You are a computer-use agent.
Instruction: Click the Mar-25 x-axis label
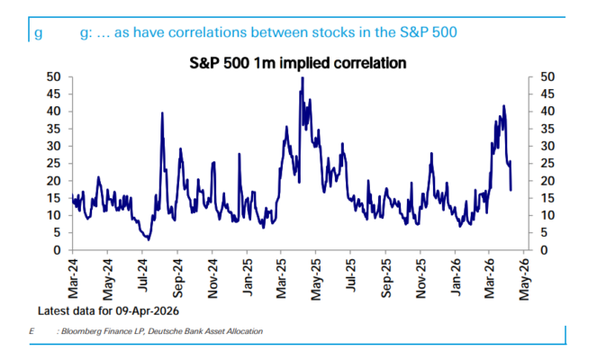(x=281, y=277)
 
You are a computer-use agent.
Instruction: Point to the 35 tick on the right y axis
(x=543, y=130)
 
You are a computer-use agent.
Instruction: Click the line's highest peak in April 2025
(x=302, y=78)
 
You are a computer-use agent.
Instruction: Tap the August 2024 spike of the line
(x=162, y=112)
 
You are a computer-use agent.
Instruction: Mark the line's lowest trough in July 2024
(x=148, y=238)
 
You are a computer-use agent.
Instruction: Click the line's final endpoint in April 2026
(x=511, y=190)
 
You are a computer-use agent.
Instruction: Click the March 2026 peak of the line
(x=503, y=106)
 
